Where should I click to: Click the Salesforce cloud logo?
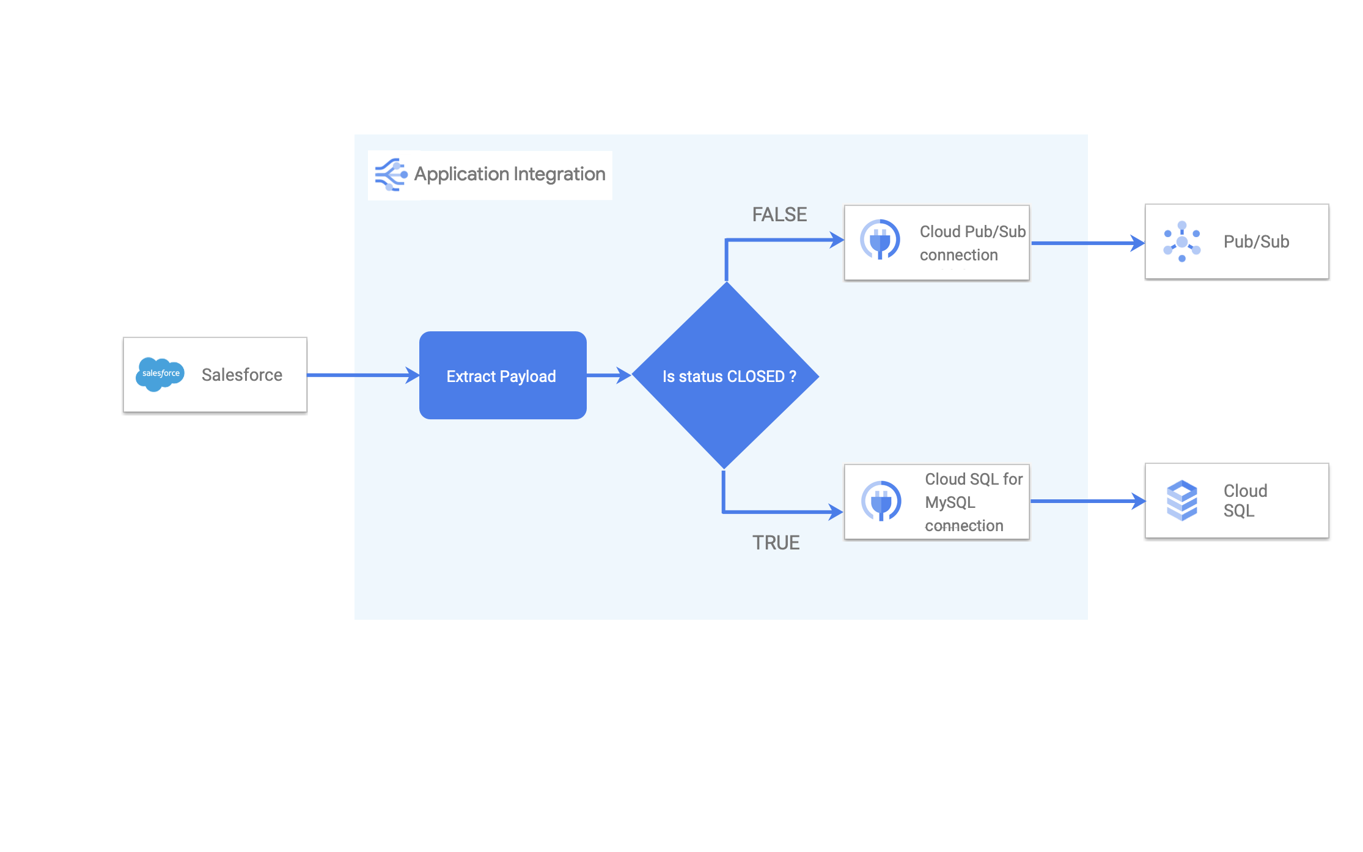click(160, 374)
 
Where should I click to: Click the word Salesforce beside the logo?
click(242, 375)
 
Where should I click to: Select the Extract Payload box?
click(502, 375)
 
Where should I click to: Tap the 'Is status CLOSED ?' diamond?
click(726, 375)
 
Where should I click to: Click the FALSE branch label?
click(779, 215)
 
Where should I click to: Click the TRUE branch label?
click(776, 543)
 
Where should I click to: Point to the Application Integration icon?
click(391, 175)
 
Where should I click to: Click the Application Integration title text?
click(510, 174)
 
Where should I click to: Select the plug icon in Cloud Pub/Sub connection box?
click(880, 240)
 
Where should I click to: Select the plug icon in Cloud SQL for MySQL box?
click(881, 501)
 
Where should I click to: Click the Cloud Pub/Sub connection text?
click(972, 243)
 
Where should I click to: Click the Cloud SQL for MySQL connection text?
click(973, 502)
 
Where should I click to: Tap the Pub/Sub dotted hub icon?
click(1181, 242)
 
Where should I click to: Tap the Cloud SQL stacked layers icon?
click(1181, 501)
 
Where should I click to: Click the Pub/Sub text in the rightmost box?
click(1256, 242)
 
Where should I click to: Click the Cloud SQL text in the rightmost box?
click(1244, 501)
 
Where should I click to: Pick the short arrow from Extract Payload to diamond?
click(608, 375)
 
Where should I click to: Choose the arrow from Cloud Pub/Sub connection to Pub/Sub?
click(1087, 243)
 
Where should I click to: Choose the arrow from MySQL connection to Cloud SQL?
click(1087, 501)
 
